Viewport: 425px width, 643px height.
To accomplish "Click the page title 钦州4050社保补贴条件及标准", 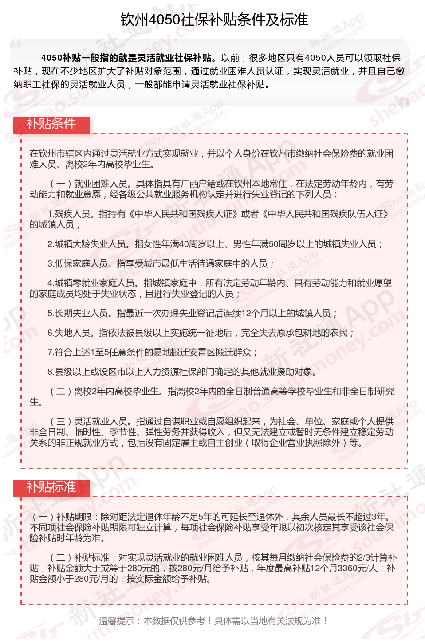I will [x=214, y=20].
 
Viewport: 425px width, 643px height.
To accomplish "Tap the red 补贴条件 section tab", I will [x=51, y=124].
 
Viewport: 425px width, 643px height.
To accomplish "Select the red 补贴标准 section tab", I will [x=51, y=487].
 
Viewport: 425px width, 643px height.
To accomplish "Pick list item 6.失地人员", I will [x=71, y=333].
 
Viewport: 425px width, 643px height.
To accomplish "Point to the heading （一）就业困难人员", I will [x=89, y=184].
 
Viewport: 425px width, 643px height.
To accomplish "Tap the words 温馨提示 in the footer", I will [x=116, y=621].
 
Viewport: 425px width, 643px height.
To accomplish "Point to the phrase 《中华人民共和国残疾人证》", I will [x=182, y=214].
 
